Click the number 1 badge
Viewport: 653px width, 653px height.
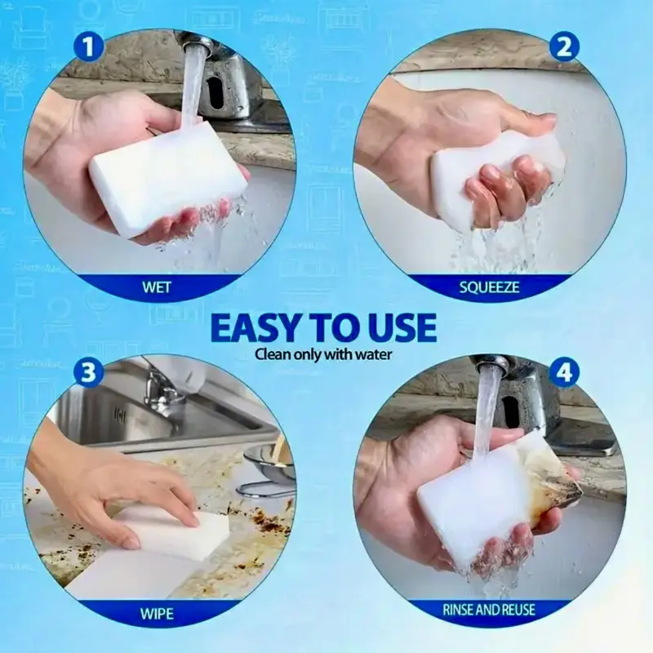[x=88, y=47]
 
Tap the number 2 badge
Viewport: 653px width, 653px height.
[x=564, y=47]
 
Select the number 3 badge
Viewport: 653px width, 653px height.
[x=88, y=373]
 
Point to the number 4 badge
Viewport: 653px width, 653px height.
[x=564, y=373]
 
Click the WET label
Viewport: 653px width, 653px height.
[x=157, y=287]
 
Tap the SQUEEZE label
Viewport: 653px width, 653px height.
[x=489, y=287]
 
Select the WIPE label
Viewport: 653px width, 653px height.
[x=157, y=614]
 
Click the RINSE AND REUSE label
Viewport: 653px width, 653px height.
[x=488, y=610]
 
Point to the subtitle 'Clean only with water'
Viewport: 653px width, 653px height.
[x=323, y=355]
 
